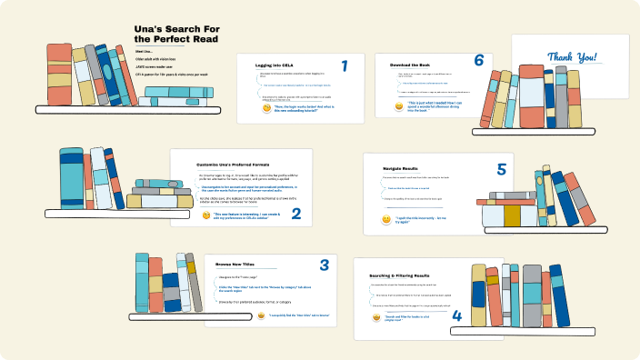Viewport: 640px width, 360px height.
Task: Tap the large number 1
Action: coord(345,66)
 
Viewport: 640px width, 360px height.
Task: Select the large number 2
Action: coord(295,216)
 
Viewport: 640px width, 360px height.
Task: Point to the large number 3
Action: coord(324,265)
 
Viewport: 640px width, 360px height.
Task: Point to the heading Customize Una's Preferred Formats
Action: coord(241,165)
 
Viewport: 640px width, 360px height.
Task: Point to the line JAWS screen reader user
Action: coord(158,66)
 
